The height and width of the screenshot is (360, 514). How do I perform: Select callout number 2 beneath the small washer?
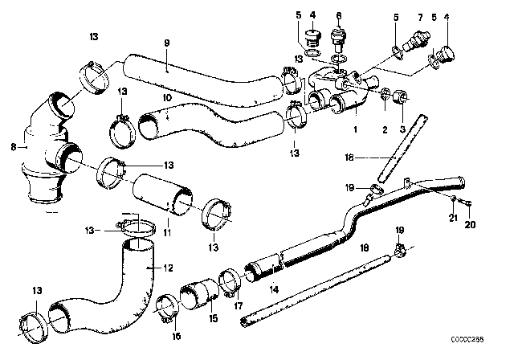(x=383, y=129)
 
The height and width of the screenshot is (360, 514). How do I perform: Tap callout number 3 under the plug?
(x=401, y=129)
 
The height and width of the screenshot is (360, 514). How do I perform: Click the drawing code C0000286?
(x=487, y=351)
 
